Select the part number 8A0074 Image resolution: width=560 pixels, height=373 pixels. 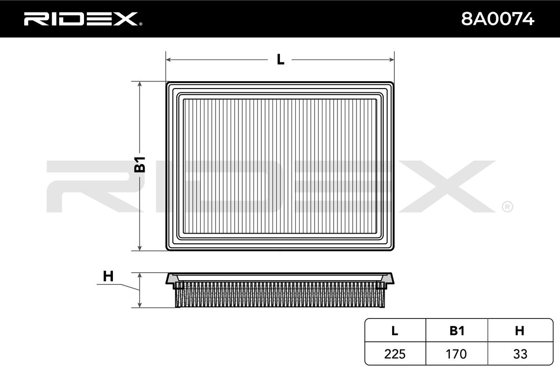point(497,19)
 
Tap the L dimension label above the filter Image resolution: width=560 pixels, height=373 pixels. point(280,60)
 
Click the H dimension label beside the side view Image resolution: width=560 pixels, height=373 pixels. point(108,276)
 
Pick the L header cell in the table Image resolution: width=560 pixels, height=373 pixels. point(395,331)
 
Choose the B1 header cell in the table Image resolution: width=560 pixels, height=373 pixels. point(457,331)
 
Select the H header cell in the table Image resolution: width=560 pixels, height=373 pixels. point(519,331)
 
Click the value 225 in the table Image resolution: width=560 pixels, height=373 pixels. point(395,354)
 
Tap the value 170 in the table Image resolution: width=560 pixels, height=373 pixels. point(457,354)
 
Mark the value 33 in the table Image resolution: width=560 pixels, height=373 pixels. point(519,354)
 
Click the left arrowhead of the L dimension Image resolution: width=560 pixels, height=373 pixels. point(168,60)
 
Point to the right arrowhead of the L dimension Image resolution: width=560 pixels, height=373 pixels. point(392,60)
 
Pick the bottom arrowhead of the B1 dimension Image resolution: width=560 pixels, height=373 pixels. point(140,248)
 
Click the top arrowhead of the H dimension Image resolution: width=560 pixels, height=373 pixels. point(140,275)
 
